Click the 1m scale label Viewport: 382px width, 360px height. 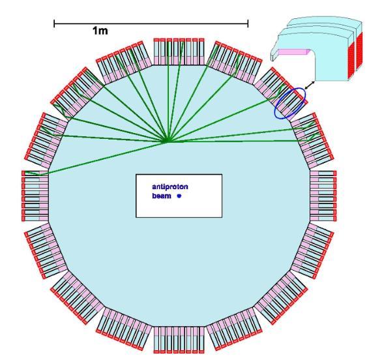tap(100, 31)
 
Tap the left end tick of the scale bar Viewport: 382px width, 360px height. tap(54, 23)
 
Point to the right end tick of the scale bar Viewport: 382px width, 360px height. tap(248, 23)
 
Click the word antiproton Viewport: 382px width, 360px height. tap(170, 187)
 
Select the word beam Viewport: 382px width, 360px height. tap(162, 196)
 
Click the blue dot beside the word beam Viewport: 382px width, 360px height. tap(179, 196)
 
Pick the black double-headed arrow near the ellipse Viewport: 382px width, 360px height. tap(310, 85)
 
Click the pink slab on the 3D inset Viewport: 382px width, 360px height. tap(294, 52)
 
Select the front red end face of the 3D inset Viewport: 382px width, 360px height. tap(351, 60)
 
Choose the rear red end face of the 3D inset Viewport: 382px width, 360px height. tap(359, 52)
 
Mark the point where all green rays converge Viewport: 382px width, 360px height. tap(167, 142)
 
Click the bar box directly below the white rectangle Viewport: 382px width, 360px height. tap(179, 340)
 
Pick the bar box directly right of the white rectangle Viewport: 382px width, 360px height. tap(323, 196)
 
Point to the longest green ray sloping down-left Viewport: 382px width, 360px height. tap(108, 157)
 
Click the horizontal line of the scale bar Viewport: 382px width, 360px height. tap(151, 23)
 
